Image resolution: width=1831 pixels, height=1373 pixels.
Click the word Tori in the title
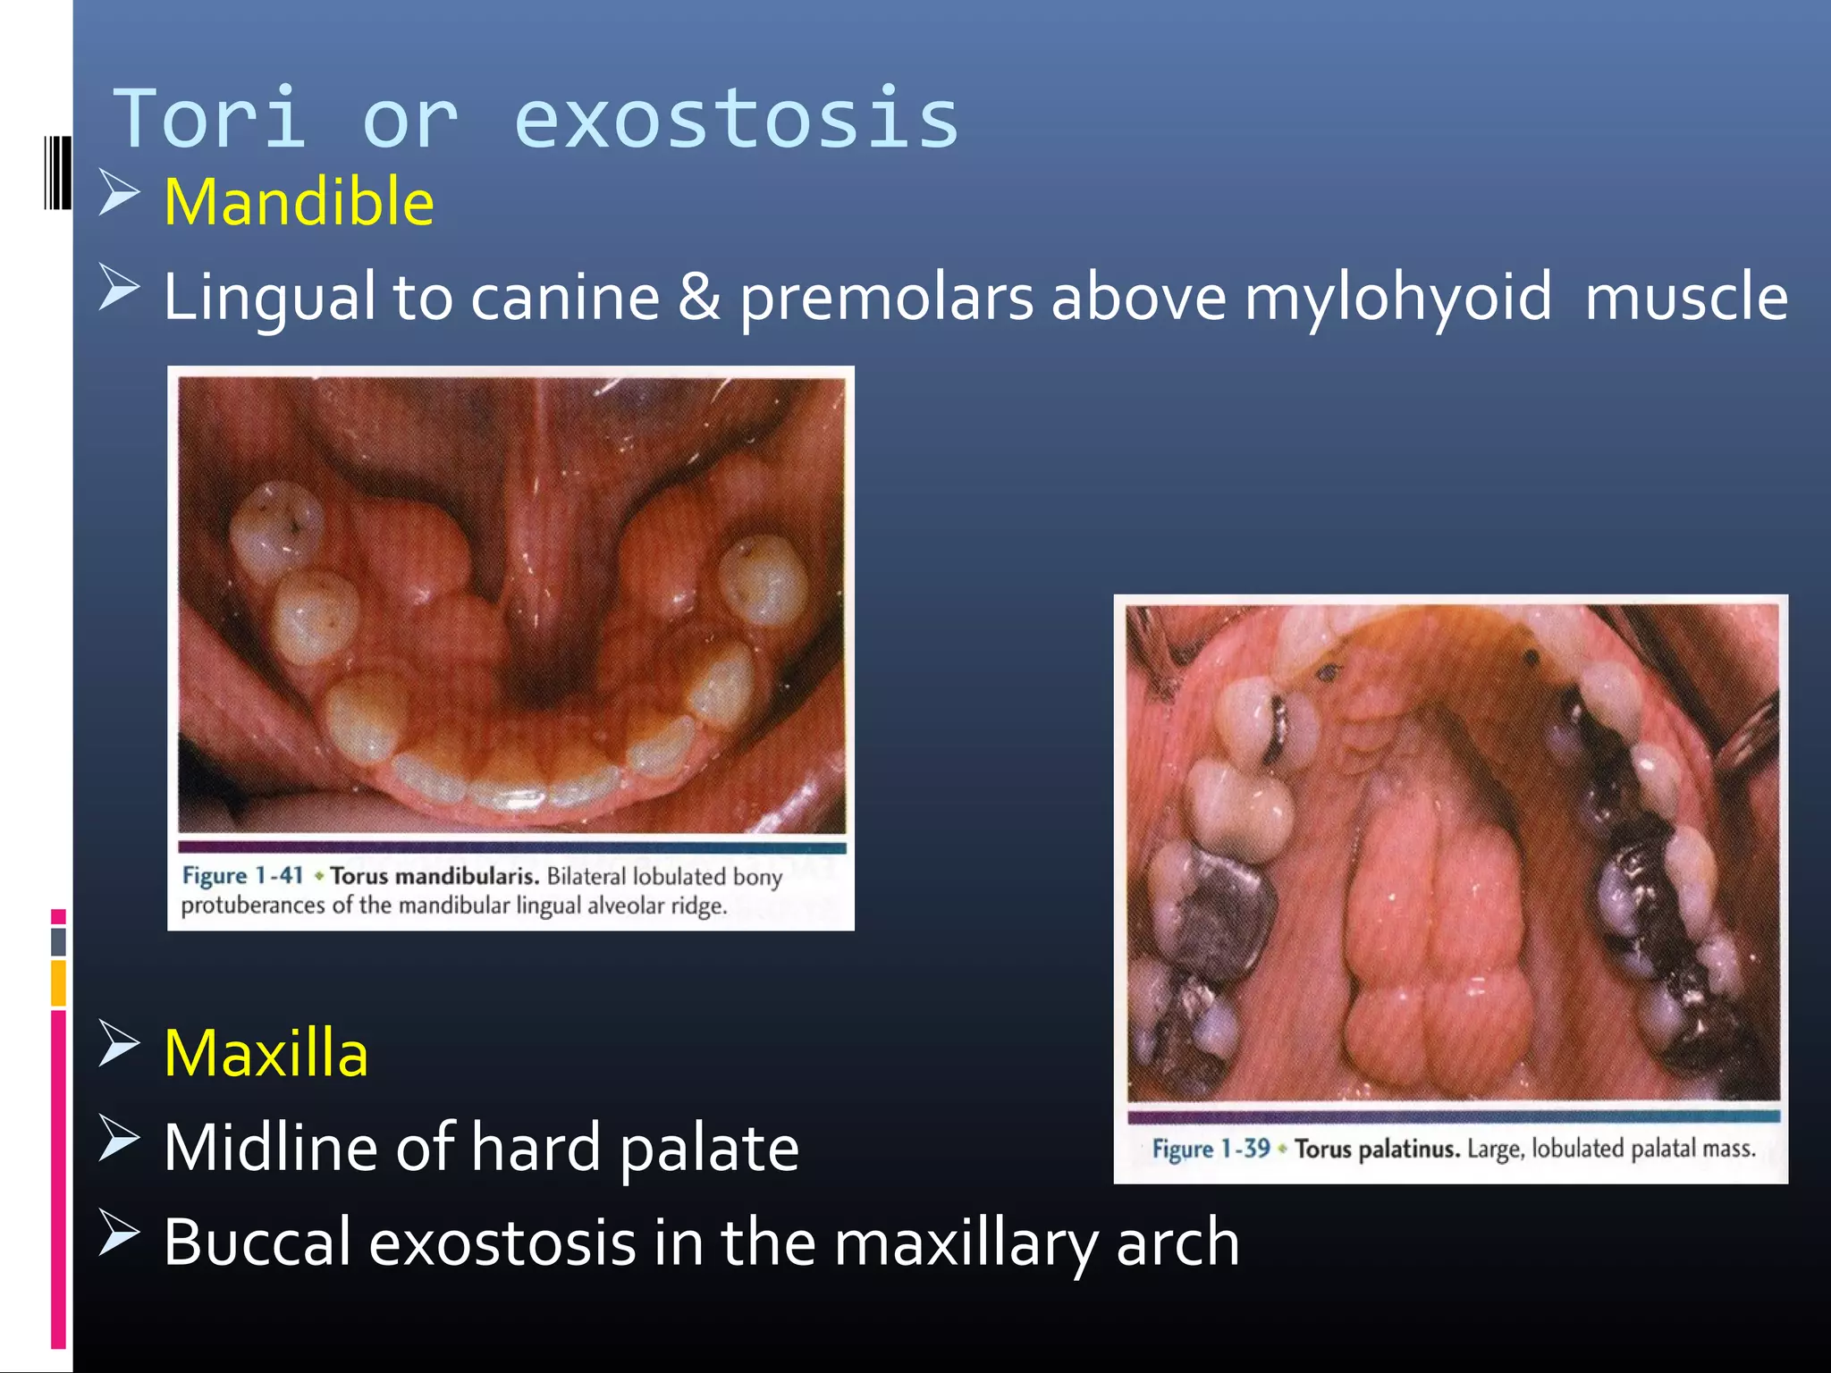click(211, 119)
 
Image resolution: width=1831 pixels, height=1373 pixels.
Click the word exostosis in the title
click(736, 119)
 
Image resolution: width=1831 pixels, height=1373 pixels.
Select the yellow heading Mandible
click(299, 202)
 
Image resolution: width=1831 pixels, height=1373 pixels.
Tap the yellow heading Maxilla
click(266, 1053)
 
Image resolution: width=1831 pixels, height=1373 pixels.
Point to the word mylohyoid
click(1397, 299)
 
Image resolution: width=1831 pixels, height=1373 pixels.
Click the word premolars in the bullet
click(886, 299)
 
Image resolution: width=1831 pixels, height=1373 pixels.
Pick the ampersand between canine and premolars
click(698, 297)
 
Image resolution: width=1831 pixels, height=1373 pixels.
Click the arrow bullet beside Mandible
click(119, 193)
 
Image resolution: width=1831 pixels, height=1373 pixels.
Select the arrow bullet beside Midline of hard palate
click(119, 1139)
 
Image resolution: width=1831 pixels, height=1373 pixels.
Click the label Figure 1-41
click(242, 875)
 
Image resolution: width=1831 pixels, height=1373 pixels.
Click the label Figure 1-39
click(1211, 1149)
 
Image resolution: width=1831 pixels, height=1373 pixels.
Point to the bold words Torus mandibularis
click(434, 876)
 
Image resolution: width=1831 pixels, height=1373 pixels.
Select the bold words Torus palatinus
click(1377, 1149)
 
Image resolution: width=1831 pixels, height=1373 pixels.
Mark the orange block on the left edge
click(58, 982)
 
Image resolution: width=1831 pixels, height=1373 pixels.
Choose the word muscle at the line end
click(1686, 299)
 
